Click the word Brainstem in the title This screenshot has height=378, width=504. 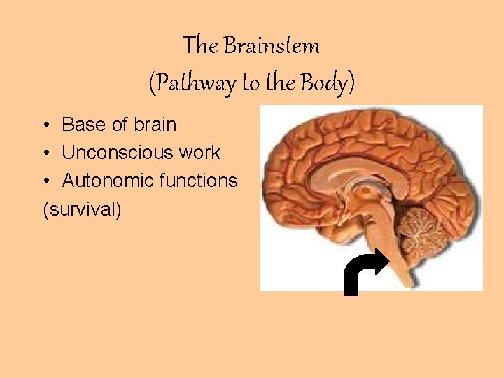[x=272, y=46]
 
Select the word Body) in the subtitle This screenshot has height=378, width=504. [x=328, y=83]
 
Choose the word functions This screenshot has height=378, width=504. [x=198, y=181]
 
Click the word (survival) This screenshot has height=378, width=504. [x=82, y=209]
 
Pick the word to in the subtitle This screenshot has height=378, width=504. [x=250, y=83]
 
